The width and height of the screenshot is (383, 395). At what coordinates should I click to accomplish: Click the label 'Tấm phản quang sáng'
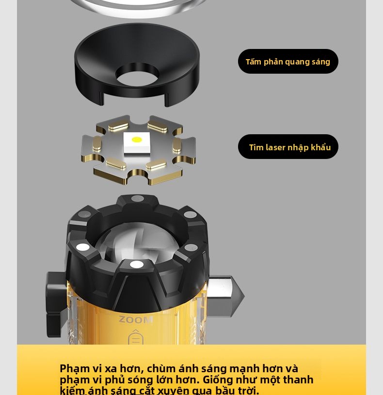[x=288, y=62]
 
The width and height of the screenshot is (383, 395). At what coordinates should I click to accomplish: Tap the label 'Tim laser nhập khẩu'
[x=290, y=147]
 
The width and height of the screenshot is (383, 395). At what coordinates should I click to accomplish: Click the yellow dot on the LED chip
[x=137, y=139]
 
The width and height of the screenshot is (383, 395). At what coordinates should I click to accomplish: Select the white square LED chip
[x=137, y=142]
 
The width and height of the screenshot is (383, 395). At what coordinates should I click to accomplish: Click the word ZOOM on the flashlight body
[x=136, y=319]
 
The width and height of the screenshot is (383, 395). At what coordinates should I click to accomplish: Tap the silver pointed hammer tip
[x=225, y=295]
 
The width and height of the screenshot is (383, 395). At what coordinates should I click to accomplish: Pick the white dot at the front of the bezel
[x=137, y=264]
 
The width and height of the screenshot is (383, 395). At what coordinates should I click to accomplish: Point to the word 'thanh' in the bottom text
[x=298, y=379]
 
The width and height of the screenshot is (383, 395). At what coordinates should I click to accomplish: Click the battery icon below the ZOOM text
[x=136, y=337]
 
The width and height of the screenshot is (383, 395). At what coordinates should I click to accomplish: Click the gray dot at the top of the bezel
[x=138, y=199]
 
